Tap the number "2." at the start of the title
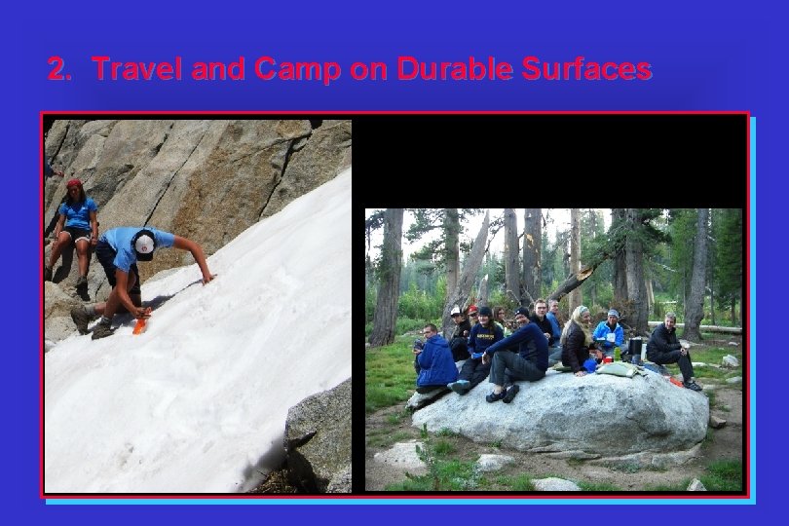click(x=60, y=69)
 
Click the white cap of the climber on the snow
click(x=145, y=244)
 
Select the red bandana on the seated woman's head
click(x=75, y=183)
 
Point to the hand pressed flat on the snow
click(x=207, y=280)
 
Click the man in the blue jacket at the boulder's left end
click(x=434, y=362)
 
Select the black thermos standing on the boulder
click(x=634, y=348)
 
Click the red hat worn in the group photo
click(x=473, y=311)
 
